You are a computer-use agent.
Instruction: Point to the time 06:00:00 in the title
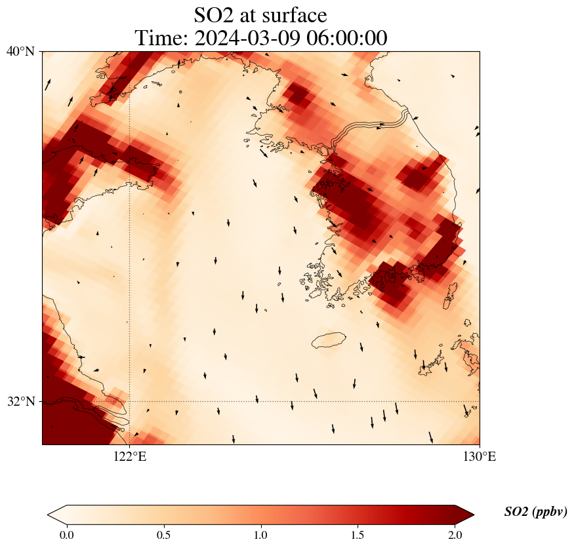point(344,38)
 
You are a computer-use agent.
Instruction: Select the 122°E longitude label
point(130,456)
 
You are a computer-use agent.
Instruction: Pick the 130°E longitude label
point(480,456)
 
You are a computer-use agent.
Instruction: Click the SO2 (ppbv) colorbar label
point(535,512)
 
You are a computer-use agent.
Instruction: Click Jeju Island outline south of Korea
point(329,340)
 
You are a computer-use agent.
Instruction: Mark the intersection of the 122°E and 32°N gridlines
point(130,401)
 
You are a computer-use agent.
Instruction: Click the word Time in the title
point(160,38)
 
